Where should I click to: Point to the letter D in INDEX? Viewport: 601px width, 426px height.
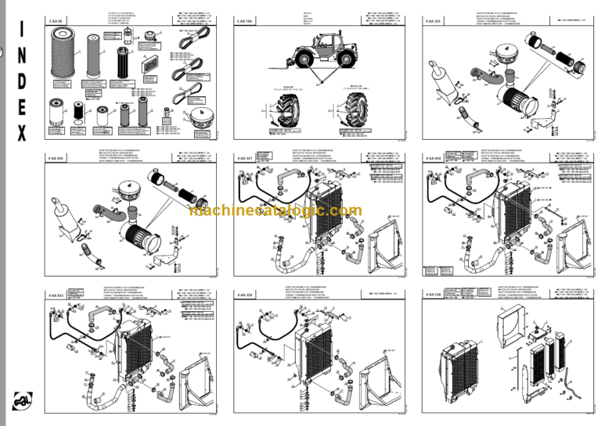[x=21, y=83]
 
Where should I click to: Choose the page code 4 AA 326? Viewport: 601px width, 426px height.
[x=58, y=158]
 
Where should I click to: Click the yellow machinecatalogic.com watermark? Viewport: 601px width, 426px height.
[x=275, y=210]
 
